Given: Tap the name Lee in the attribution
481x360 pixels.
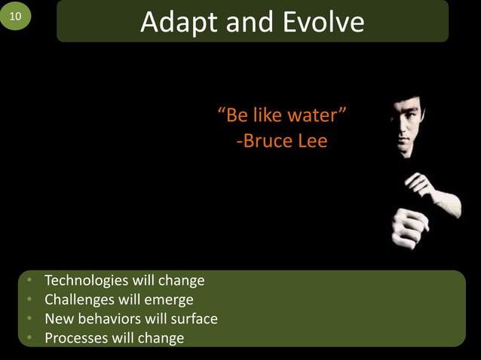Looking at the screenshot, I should (x=312, y=141).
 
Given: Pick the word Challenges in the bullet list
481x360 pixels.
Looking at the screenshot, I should (x=78, y=300).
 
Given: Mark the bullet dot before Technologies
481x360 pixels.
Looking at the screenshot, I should (x=28, y=281).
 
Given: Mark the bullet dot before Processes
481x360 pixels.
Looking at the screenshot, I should (x=28, y=337).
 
